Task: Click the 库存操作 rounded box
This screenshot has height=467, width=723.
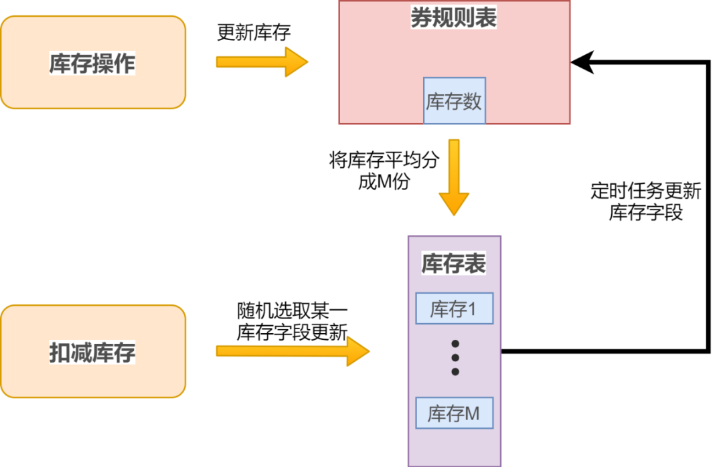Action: point(92,62)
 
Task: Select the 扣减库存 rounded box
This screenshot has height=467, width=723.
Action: point(92,351)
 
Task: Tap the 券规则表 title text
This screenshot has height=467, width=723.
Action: point(454,18)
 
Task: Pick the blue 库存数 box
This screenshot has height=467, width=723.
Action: point(454,101)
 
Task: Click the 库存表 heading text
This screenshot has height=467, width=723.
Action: point(453,264)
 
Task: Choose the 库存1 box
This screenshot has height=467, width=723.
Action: point(454,309)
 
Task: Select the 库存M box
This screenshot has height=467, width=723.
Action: point(454,413)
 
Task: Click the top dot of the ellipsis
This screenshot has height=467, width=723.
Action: point(455,343)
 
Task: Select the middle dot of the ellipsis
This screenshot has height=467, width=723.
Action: point(455,357)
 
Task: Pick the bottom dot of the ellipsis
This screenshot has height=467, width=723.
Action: point(455,371)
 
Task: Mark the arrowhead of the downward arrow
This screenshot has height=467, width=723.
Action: point(454,203)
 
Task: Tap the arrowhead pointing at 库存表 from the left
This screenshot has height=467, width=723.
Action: point(357,351)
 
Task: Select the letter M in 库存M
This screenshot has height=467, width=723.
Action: point(472,413)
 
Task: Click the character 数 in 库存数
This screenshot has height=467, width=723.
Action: point(473,101)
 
